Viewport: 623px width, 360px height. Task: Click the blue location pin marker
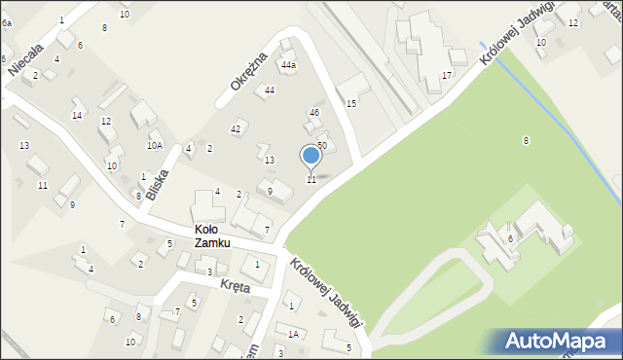[x=311, y=156]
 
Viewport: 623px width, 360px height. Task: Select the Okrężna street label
[x=248, y=73]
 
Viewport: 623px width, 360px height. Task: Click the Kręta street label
[x=235, y=287]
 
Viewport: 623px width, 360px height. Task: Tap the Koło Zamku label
[x=211, y=235]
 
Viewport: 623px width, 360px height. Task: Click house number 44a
[x=288, y=65]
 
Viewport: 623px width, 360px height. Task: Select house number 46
[x=313, y=113]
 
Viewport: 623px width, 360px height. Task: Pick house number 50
[x=321, y=145]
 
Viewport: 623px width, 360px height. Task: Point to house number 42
[x=236, y=128]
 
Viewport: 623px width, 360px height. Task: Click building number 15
[x=351, y=103]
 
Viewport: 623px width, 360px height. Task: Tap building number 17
[x=447, y=75]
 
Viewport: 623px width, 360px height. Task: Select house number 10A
[x=155, y=145]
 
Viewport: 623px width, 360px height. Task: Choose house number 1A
[x=292, y=333]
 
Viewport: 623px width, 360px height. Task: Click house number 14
[x=76, y=116]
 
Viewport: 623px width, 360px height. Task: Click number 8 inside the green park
[x=526, y=141]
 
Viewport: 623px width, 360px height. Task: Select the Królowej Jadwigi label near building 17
[x=512, y=42]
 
